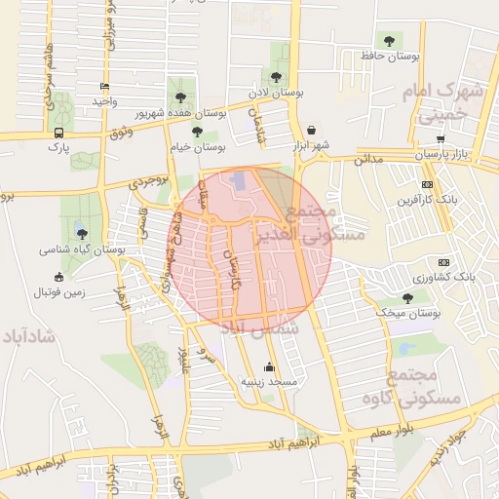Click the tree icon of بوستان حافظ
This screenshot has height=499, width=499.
coord(390,41)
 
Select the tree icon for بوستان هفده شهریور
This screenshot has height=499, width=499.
coord(181,96)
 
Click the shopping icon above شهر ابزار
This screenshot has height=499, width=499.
coord(311,129)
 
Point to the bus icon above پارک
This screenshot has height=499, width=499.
coord(60,133)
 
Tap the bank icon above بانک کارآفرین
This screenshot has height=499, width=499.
coord(427,184)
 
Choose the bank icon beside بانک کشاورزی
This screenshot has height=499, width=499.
coord(444,261)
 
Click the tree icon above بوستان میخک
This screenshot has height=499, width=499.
coord(407,298)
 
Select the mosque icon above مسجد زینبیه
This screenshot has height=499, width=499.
coord(269,367)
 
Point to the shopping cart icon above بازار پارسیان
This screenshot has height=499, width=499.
coord(441,138)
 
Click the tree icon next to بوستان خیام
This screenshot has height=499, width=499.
coord(197,132)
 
